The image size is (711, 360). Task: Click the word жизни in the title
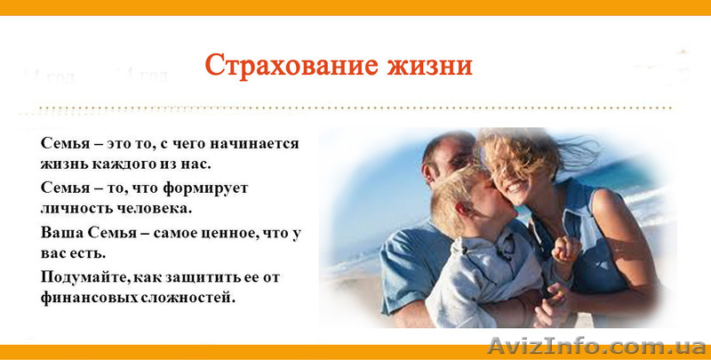tap(427, 65)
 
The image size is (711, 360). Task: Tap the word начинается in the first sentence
tap(257, 143)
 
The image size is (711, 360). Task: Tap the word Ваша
tap(60, 232)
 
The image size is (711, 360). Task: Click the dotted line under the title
tap(355, 108)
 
